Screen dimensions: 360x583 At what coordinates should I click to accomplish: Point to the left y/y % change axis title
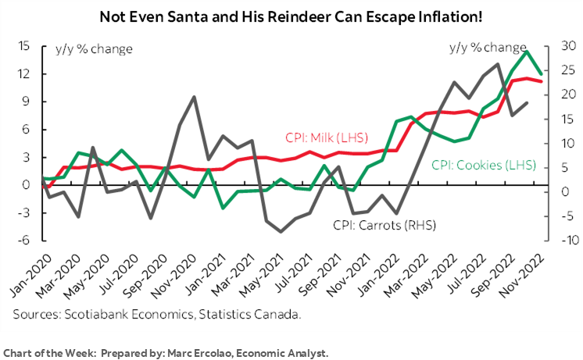[x=94, y=49]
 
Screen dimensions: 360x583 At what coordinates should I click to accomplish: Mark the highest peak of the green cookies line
[x=528, y=52]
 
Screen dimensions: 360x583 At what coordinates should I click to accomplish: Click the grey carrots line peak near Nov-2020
[x=194, y=97]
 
